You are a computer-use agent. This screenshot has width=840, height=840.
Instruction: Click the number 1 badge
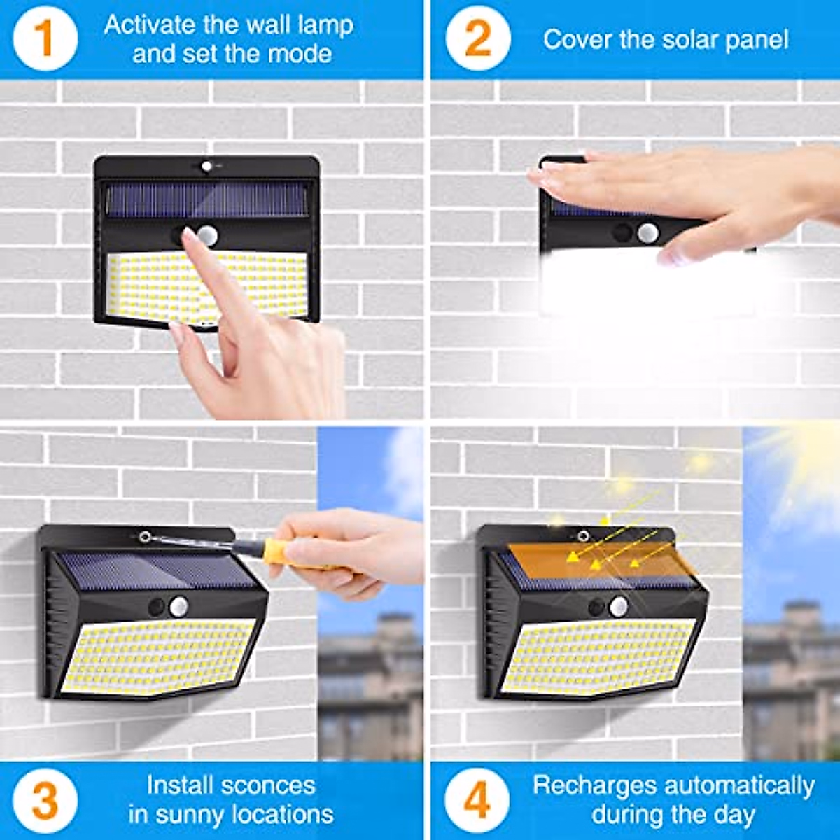point(44,38)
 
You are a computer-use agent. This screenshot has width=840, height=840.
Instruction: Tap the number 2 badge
point(477,38)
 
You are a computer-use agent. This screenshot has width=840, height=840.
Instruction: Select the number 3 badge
point(44,800)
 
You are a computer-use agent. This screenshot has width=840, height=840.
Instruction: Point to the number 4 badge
point(477,800)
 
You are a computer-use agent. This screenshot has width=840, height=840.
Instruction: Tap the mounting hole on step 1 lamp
point(206,167)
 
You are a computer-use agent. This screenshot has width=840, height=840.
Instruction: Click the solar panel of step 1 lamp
point(206,199)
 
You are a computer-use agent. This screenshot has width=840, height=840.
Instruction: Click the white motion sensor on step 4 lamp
point(618,606)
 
